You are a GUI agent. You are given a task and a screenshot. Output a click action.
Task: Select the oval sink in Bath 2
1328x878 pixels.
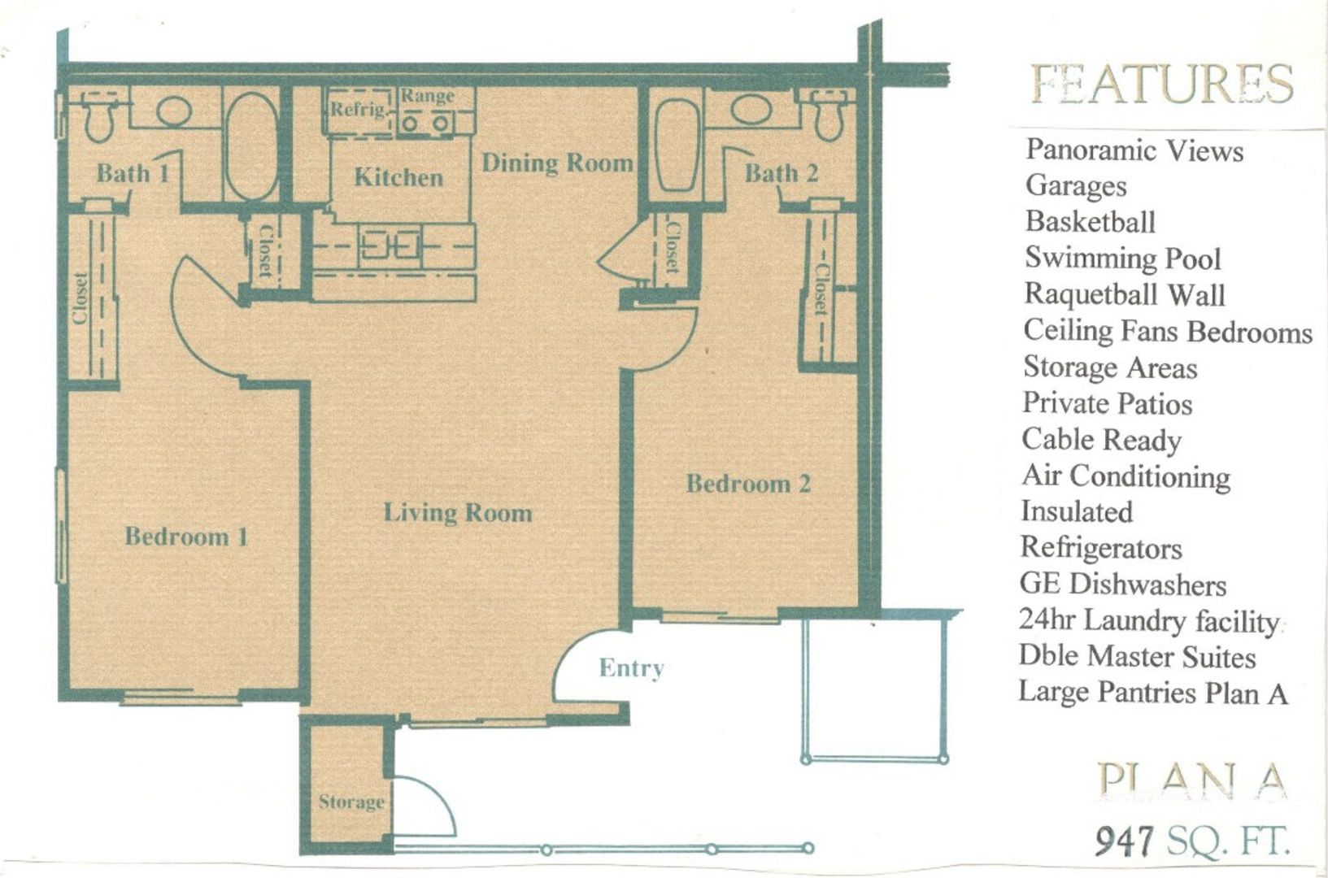751,110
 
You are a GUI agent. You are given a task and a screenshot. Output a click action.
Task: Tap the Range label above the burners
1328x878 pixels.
428,95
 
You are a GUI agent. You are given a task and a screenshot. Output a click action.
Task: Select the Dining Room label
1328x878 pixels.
557,163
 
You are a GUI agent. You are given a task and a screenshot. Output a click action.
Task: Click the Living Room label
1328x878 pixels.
458,513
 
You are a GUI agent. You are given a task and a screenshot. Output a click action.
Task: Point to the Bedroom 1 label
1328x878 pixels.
186,537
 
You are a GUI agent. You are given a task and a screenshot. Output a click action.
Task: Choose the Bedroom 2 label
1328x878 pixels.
748,484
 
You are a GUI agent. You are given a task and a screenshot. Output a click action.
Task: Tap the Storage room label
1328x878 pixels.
351,802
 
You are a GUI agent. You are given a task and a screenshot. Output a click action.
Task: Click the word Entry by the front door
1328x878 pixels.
631,668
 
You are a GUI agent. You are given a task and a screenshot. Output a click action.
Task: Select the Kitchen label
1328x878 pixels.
398,177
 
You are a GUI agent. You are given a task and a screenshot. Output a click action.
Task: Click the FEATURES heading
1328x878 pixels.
1161,84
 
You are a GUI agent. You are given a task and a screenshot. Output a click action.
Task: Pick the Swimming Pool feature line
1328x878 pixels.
1123,258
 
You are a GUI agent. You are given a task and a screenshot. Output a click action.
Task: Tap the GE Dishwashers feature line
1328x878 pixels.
1123,585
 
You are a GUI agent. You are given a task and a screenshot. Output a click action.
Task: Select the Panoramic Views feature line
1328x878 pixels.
1134,150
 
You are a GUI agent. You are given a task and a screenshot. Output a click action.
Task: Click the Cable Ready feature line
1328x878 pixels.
1102,440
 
